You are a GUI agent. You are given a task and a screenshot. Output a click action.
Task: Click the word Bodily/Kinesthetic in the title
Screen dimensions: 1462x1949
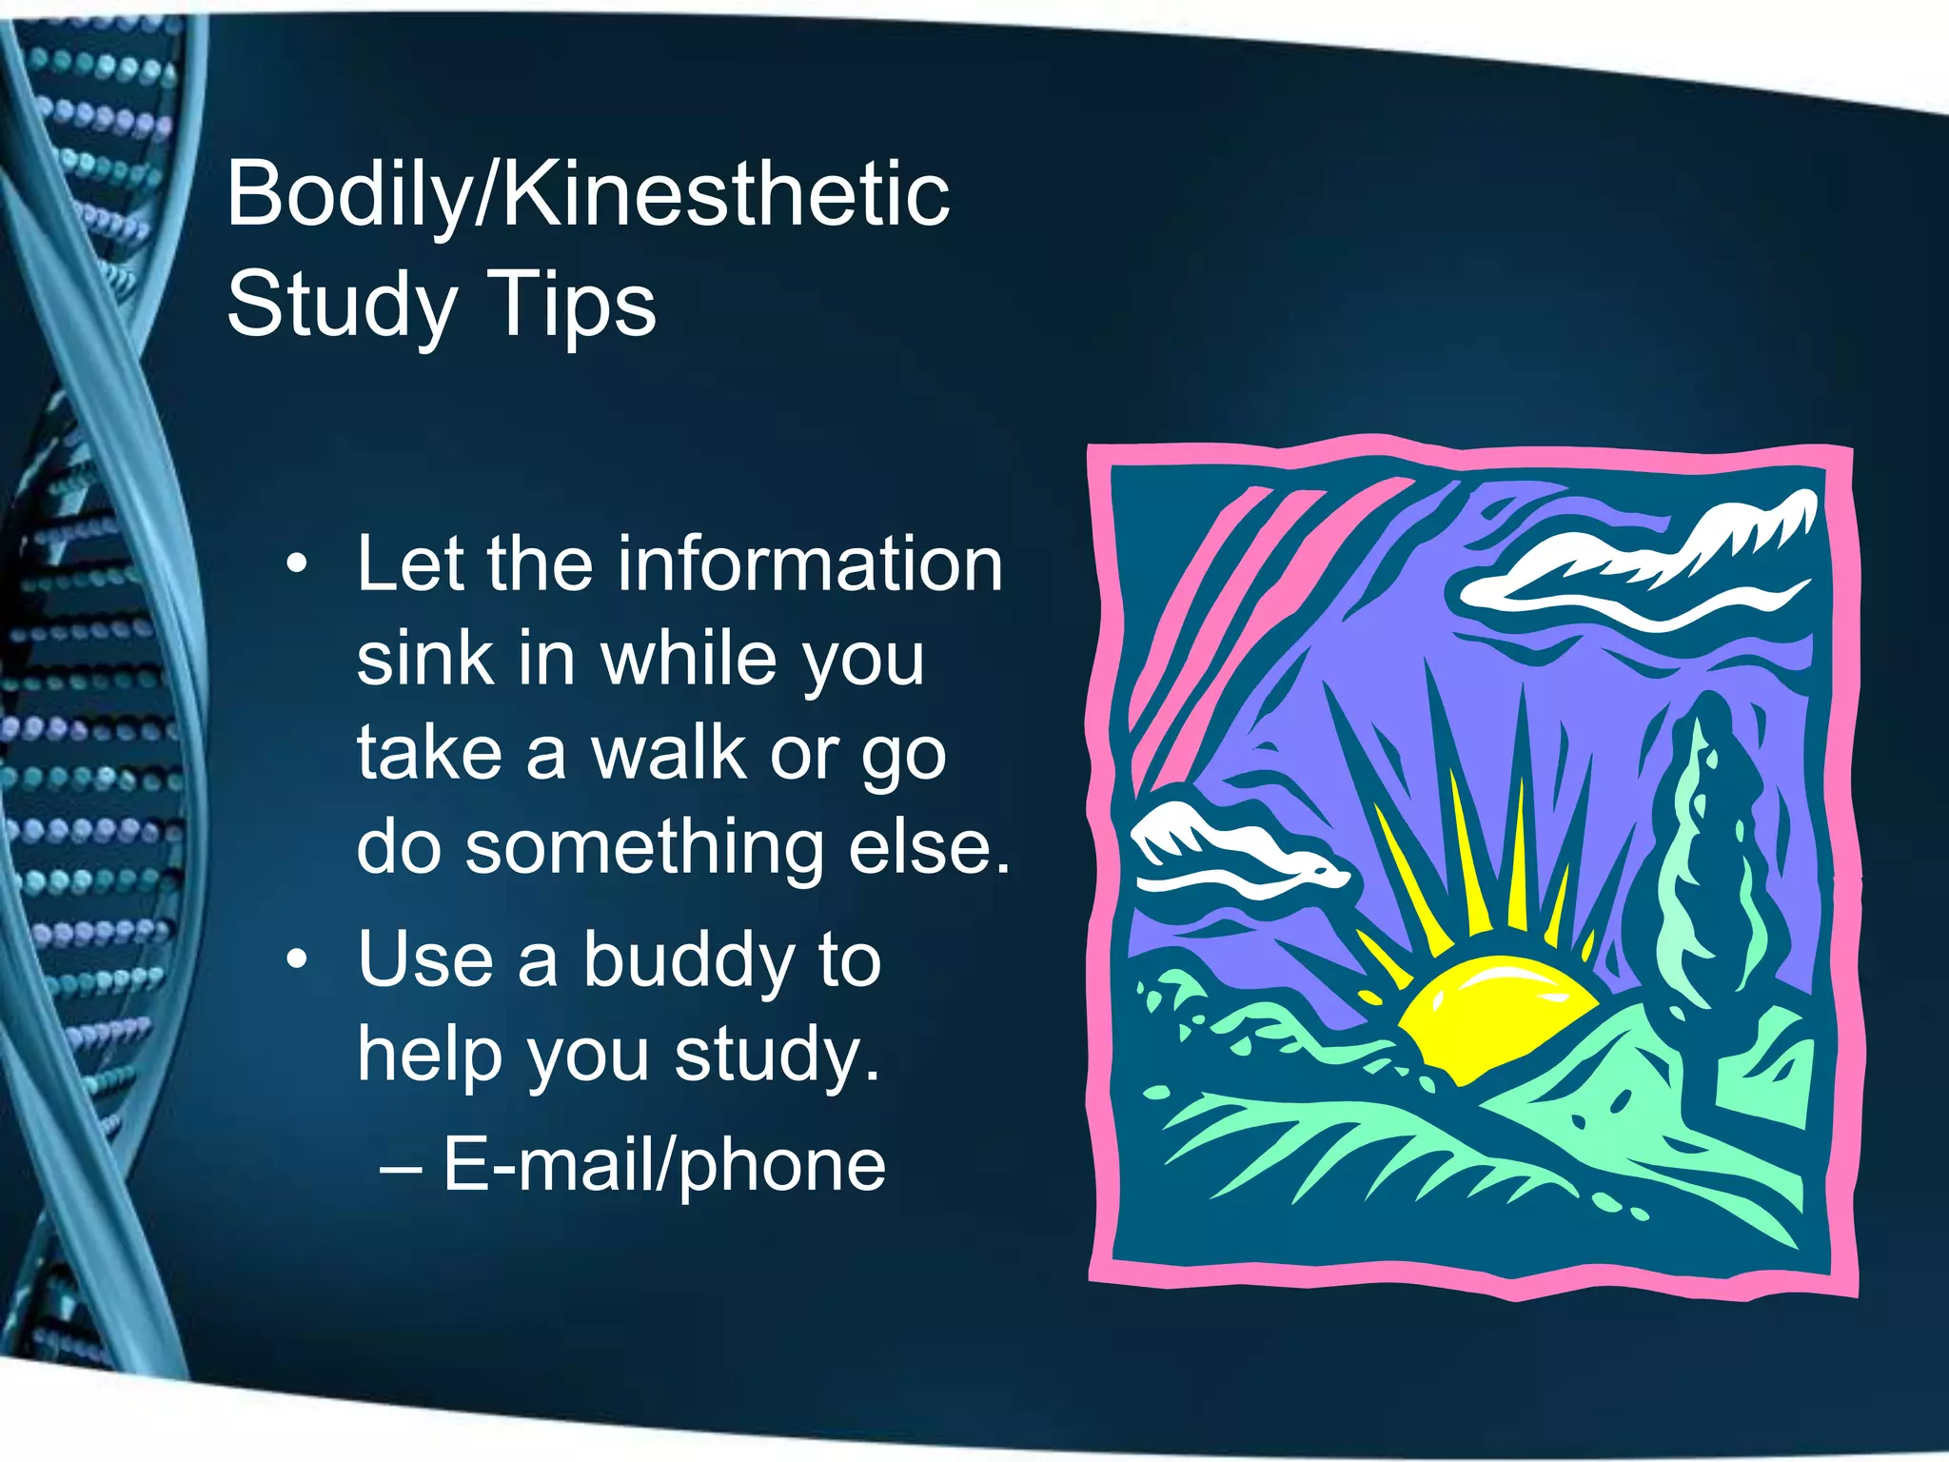point(587,196)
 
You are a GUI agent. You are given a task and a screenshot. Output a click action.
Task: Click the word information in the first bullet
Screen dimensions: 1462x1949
point(810,563)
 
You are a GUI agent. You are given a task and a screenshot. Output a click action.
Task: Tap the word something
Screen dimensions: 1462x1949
point(644,847)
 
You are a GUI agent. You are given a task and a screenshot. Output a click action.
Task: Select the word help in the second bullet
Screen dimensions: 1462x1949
point(429,1056)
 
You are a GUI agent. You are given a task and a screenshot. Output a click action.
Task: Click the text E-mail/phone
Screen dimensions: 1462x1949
point(664,1164)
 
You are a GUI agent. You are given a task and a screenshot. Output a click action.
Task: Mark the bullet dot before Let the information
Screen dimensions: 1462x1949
point(297,564)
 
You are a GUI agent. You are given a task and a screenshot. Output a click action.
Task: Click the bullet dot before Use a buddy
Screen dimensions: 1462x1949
point(297,959)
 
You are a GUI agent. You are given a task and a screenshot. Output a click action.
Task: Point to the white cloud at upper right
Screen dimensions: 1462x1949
point(1637,562)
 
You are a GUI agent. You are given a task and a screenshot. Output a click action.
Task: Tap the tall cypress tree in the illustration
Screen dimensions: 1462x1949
point(1708,857)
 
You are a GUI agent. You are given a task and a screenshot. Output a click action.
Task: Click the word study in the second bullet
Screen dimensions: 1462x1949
point(778,1056)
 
